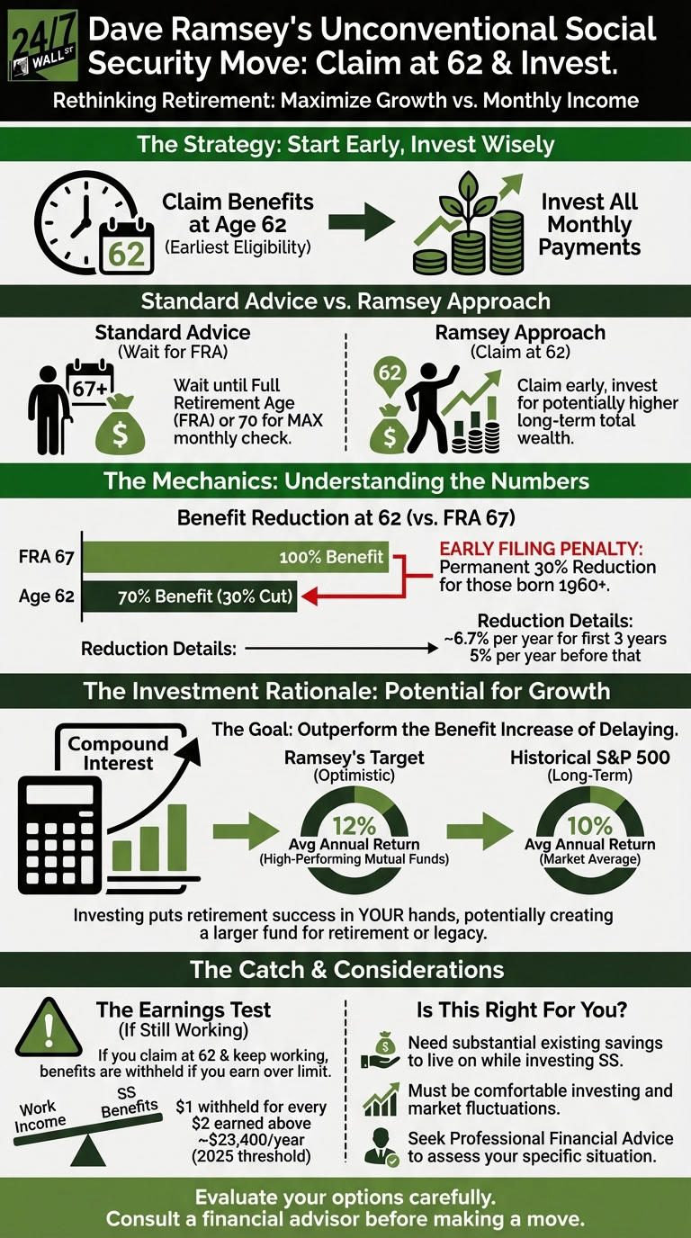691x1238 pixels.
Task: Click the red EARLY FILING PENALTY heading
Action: click(x=546, y=548)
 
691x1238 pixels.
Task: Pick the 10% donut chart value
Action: click(x=591, y=825)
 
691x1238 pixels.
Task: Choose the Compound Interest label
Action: click(x=117, y=754)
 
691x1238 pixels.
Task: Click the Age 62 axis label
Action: click(x=46, y=597)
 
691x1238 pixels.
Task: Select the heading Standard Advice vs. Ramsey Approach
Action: click(x=345, y=301)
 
